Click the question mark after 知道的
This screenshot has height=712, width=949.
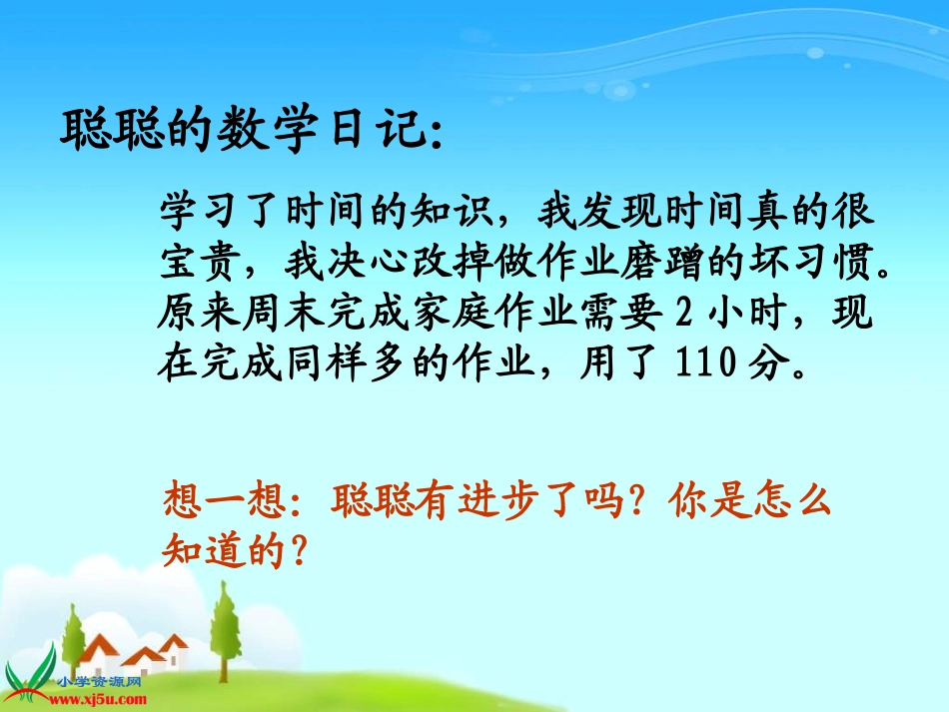coord(294,550)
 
